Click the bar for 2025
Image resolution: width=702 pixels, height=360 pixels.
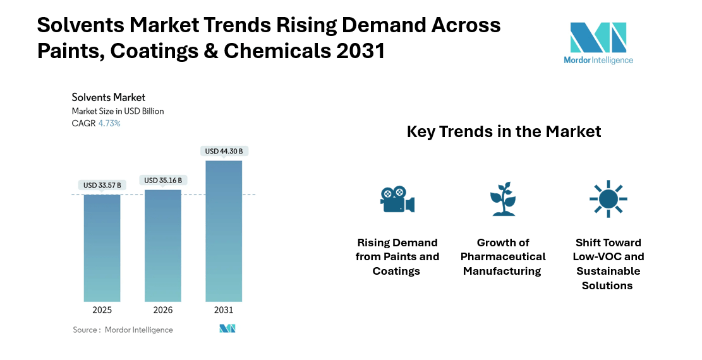[102, 248]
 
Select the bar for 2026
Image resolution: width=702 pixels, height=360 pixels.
[163, 245]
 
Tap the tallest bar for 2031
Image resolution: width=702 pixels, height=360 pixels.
[224, 231]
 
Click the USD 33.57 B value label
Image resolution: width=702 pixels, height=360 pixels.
[102, 185]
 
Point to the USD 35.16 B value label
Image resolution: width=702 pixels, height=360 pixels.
[163, 180]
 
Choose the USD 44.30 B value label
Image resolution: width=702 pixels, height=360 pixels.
[224, 151]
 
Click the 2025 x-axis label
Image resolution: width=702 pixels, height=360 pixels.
[102, 310]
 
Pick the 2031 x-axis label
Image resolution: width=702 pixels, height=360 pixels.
[224, 310]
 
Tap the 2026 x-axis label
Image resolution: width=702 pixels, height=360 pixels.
[163, 310]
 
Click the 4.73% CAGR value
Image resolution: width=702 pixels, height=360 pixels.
[109, 124]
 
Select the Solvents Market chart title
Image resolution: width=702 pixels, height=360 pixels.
[109, 97]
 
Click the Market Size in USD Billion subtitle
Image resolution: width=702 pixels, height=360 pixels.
[118, 111]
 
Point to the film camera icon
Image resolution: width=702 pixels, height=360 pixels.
[397, 199]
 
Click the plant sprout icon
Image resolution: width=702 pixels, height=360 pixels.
[503, 199]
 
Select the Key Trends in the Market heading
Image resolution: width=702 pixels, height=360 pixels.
[504, 131]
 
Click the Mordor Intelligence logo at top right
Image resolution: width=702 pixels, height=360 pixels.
[598, 43]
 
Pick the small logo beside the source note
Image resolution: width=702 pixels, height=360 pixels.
[227, 329]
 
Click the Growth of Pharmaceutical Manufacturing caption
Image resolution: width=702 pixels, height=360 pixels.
[502, 256]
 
